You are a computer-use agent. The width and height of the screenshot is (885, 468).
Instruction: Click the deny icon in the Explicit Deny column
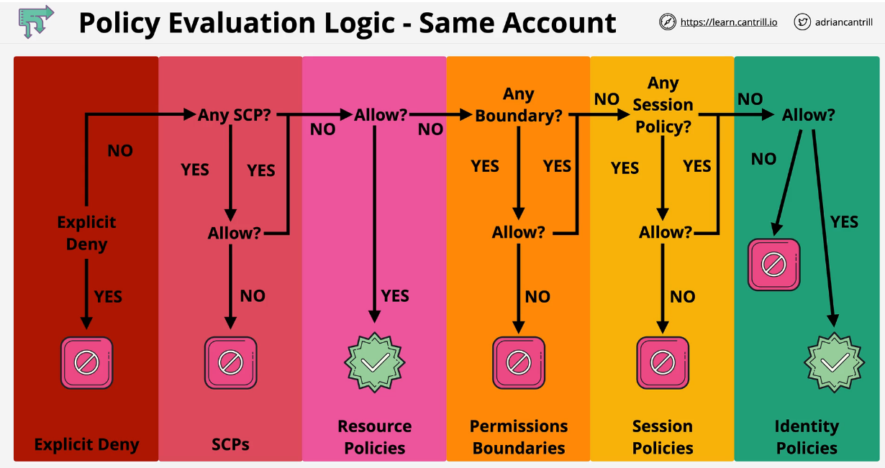86,362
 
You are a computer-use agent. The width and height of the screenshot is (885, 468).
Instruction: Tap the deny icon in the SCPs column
230,362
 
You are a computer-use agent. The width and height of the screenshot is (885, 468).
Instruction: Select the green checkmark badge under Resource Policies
375,362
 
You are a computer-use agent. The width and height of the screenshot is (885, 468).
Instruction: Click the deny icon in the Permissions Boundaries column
518,362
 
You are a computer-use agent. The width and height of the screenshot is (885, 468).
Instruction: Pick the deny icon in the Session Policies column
662,362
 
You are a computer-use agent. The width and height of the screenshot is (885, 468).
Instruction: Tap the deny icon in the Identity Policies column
773,265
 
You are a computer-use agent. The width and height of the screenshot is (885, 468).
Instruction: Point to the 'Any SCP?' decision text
235,114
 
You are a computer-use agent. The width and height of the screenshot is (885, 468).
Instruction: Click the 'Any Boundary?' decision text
518,105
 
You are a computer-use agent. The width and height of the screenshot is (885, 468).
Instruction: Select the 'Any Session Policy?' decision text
663,105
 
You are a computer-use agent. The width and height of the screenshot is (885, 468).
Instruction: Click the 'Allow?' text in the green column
808,114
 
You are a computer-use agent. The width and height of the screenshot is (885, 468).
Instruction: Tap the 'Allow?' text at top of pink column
381,114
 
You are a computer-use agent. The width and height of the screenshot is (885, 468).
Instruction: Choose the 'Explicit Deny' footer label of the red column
86,445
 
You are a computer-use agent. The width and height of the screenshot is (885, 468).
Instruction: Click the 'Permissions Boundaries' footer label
519,437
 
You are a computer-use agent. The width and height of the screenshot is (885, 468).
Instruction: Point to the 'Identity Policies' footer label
807,437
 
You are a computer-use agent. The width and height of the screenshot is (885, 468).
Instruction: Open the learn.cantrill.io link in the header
728,22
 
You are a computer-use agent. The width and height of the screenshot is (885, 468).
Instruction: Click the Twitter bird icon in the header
802,22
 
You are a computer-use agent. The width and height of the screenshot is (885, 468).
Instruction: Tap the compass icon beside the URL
668,22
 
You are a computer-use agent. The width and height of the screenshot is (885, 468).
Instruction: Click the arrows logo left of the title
36,22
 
